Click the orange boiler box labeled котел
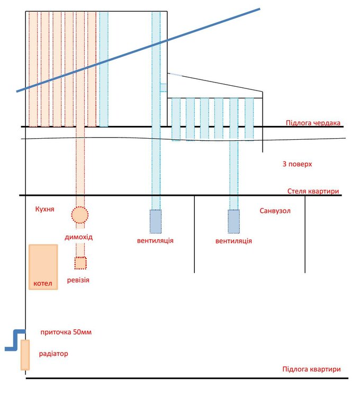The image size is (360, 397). pos(43,267)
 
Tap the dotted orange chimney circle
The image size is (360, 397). pos(79,214)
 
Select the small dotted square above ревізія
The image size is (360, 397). pos(80,263)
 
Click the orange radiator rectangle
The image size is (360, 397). pos(25,355)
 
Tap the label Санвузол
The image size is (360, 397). pos(275,211)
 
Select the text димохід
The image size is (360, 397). pos(79,237)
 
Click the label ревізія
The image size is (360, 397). pos(78,279)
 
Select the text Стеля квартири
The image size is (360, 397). pos(313,191)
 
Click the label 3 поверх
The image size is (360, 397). pos(297,164)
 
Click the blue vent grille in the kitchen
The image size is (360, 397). pos(155,221)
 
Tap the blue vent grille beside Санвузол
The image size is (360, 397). pos(233,221)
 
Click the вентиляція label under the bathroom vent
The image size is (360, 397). pos(233,241)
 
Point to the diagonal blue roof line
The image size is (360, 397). pos(138,50)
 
